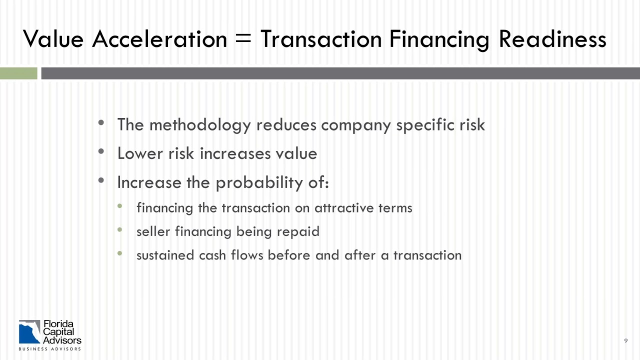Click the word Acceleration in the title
159,39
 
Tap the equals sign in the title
243,39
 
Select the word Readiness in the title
552,39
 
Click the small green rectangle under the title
18,73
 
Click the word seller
151,231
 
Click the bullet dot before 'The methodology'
102,122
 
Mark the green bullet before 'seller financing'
119,230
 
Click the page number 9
626,341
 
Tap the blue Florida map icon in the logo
29,332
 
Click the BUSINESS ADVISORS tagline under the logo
49,348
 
